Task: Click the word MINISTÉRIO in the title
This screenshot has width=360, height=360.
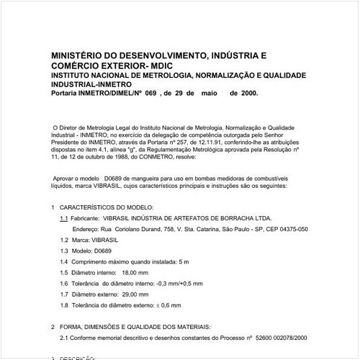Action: click(x=77, y=54)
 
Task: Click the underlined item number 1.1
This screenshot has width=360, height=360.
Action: click(x=64, y=217)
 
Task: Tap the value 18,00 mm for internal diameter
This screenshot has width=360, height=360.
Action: click(x=135, y=273)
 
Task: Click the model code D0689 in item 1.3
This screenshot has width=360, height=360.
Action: click(x=104, y=251)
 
